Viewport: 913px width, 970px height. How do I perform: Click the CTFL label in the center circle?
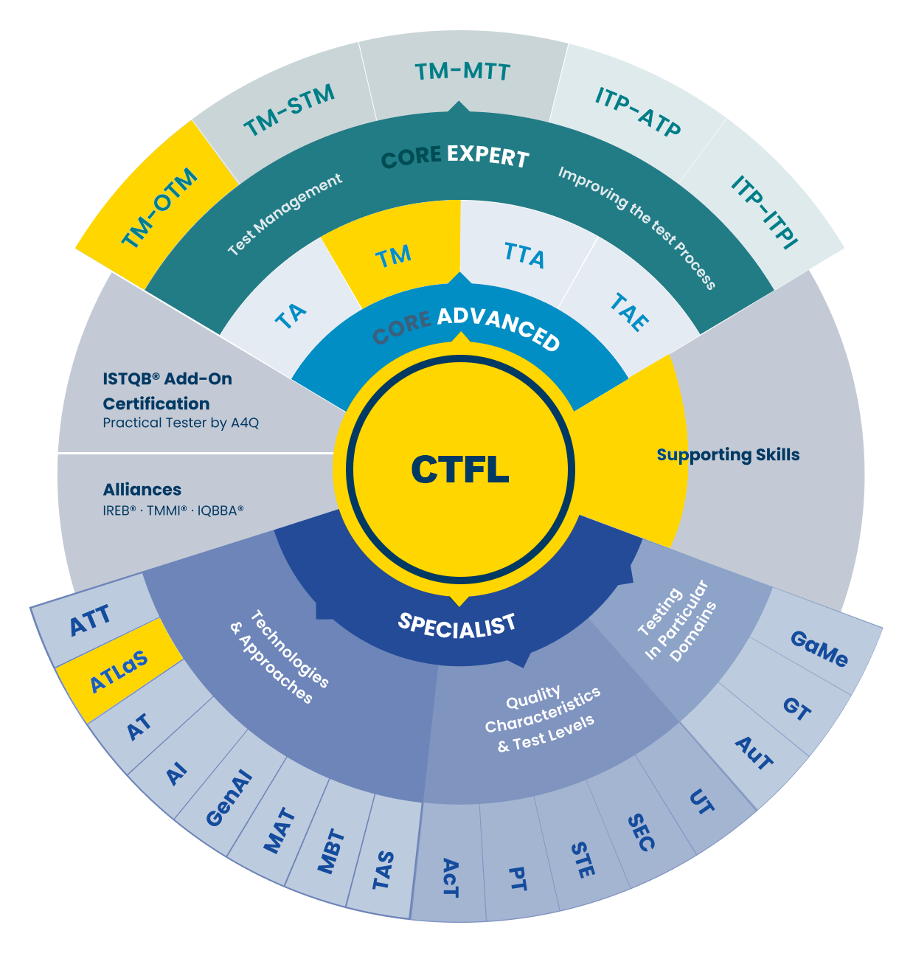point(459,469)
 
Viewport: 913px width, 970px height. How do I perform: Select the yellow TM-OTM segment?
point(159,208)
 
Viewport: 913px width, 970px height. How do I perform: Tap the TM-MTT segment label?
point(462,72)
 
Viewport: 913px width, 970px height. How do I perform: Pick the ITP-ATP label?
point(638,112)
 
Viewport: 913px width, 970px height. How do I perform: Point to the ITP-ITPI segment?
point(764,212)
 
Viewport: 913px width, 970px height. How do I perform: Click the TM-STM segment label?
point(289,110)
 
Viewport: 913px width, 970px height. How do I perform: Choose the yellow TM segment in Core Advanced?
point(393,256)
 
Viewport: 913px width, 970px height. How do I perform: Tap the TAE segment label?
point(629,311)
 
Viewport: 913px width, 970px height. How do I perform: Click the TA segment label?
point(291,316)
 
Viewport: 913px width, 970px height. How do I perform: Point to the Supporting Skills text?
point(728,454)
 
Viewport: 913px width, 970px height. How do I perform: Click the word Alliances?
point(142,489)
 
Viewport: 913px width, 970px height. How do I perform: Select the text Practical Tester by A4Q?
point(181,423)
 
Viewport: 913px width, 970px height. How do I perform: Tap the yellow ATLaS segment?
point(118,671)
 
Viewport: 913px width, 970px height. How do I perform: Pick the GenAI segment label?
point(229,798)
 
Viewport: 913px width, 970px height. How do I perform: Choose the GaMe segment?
point(819,648)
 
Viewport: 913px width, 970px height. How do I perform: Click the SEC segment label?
point(641,832)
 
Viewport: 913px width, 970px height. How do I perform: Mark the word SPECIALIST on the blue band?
point(456,625)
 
